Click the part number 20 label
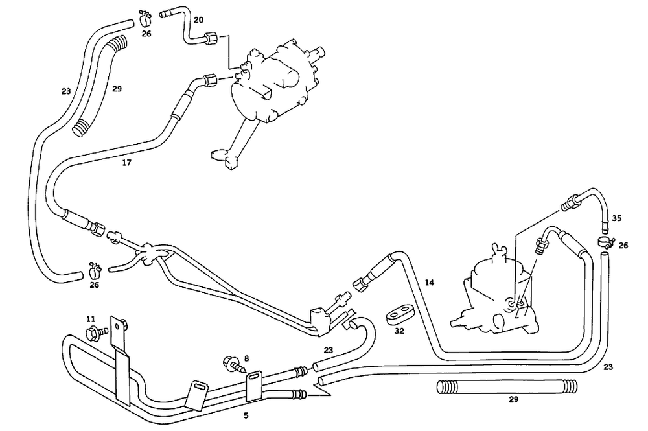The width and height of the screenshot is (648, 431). (x=198, y=20)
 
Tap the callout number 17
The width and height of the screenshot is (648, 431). (x=127, y=163)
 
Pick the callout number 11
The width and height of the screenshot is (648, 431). (x=91, y=319)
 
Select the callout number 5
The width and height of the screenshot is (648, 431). (x=246, y=415)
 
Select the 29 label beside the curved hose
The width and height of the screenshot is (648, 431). (x=117, y=88)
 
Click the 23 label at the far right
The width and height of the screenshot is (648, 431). (x=608, y=367)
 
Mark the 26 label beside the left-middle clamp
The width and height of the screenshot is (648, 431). (x=95, y=285)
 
